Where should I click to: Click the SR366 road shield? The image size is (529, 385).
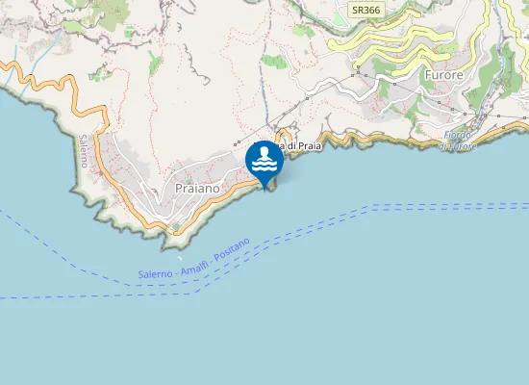364,10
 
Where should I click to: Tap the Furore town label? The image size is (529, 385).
444,73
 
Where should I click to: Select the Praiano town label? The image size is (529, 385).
198,189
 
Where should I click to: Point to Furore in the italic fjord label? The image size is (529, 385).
458,146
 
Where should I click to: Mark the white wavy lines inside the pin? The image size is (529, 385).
264,166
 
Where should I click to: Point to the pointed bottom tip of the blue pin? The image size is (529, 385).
264,188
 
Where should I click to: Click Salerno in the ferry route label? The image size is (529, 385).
156,274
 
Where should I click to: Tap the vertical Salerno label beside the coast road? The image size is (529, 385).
84,151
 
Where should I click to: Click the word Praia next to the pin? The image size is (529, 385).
303,145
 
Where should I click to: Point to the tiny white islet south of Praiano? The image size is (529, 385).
179,257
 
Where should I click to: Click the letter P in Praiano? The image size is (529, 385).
180,189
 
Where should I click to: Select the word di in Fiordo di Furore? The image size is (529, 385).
443,146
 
